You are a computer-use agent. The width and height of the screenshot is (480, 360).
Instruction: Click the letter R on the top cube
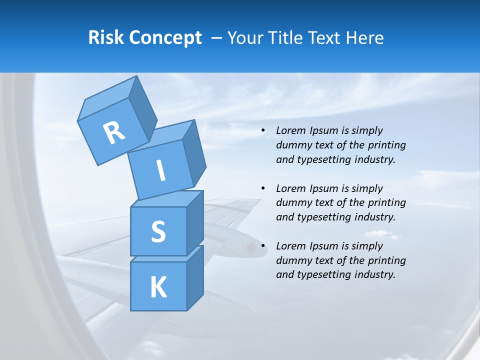point(114,132)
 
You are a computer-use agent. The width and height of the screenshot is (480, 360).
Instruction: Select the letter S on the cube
point(158,231)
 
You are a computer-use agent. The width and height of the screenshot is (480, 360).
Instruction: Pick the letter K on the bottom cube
point(158,287)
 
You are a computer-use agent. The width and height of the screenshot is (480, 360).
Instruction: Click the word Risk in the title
point(106,37)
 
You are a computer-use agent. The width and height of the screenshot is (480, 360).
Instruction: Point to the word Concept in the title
point(165,38)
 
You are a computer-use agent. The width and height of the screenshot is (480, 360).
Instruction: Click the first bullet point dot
point(263,131)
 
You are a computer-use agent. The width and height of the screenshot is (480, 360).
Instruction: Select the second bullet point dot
point(263,188)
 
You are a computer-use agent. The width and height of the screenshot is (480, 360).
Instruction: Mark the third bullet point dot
point(263,246)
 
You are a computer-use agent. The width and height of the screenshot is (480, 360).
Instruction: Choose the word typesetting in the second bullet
point(322,217)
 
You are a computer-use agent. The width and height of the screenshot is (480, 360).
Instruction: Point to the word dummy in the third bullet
point(293,260)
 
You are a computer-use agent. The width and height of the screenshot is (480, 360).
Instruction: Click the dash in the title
point(217,38)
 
